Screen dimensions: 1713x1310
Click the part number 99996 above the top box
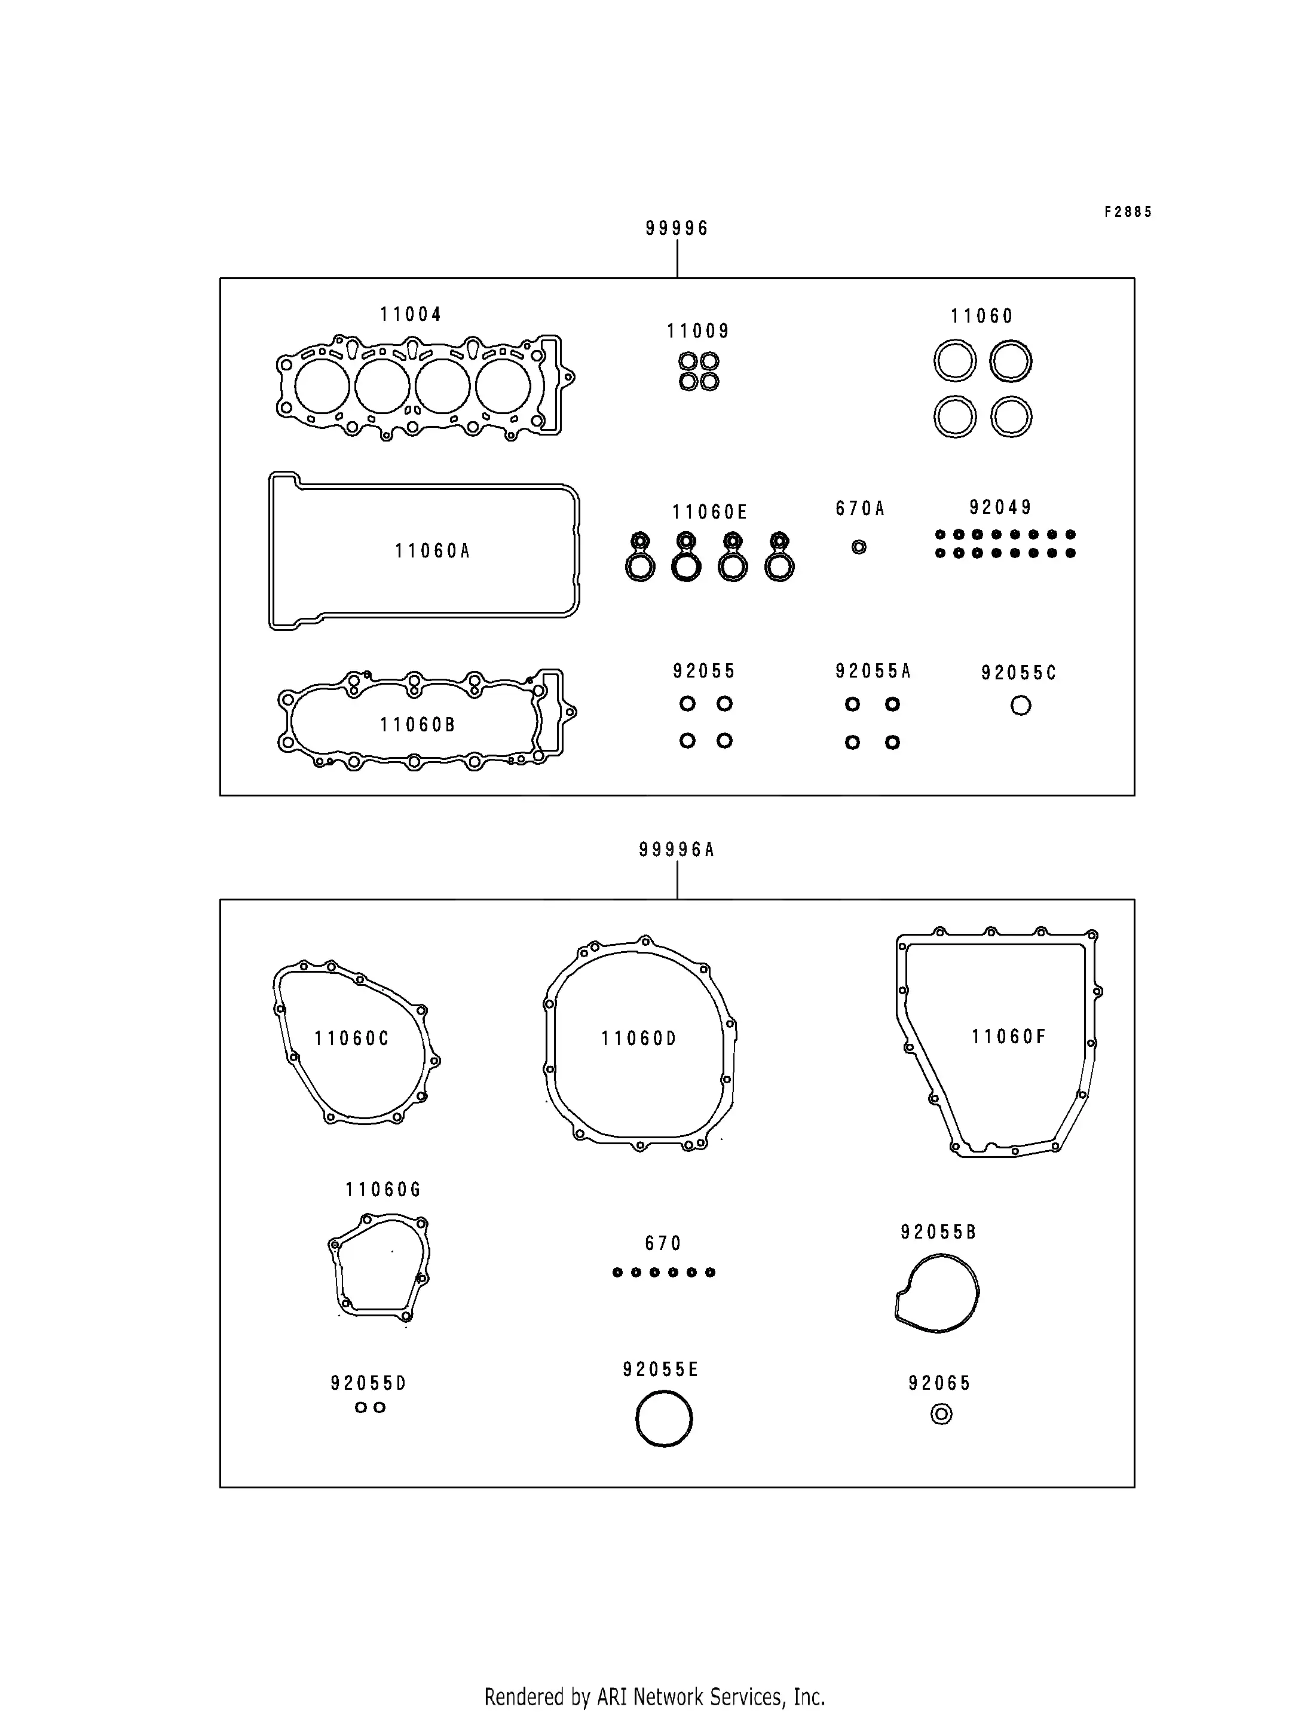(x=677, y=228)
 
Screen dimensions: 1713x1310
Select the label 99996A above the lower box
(x=677, y=850)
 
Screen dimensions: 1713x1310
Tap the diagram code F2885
(x=1128, y=212)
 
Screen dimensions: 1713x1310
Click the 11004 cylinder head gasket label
(x=411, y=314)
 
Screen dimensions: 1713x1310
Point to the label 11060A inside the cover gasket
(x=433, y=551)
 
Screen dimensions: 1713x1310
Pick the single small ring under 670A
(x=859, y=547)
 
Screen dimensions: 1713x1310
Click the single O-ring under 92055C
(x=1021, y=706)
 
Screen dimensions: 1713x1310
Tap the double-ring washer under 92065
(x=941, y=1414)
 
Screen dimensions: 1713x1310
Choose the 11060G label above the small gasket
(x=383, y=1190)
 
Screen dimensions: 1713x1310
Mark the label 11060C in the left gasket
(x=351, y=1038)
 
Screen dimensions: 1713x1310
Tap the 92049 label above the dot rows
(x=1000, y=508)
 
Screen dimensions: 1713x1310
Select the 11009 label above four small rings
(x=698, y=332)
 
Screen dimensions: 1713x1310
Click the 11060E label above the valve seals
(x=709, y=512)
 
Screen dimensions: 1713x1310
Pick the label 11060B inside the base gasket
(x=417, y=725)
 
